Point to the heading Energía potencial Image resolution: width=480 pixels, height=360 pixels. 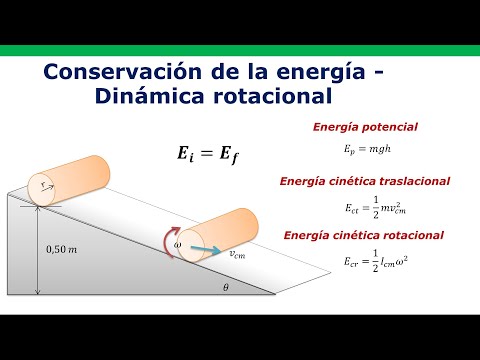point(365,127)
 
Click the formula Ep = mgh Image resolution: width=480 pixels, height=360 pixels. point(364,147)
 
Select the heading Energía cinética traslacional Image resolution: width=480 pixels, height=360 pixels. point(366,181)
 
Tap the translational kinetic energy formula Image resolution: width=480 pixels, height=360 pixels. point(365,205)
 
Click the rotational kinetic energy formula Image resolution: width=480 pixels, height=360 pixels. point(366,259)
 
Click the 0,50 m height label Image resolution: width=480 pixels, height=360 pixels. point(61,247)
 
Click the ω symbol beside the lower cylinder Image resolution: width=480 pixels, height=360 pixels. point(178,242)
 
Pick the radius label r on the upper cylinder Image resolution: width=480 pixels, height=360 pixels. point(39,185)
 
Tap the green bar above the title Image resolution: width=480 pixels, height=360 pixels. point(240,50)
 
